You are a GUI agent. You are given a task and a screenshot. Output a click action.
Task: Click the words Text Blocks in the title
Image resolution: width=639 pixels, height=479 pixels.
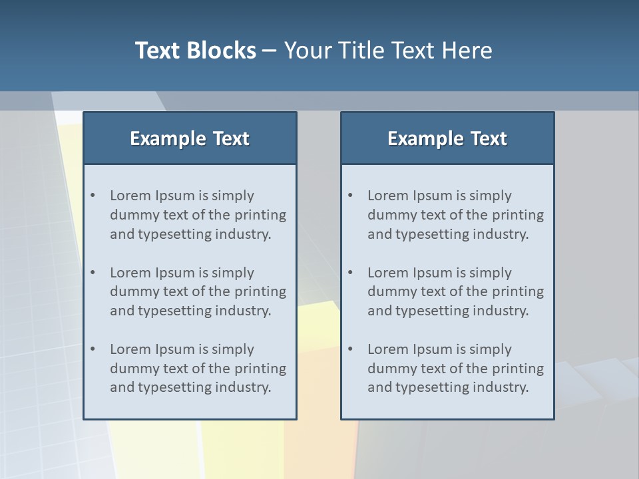tap(195, 51)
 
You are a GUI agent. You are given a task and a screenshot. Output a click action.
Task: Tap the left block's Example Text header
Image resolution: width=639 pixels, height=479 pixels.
tap(190, 138)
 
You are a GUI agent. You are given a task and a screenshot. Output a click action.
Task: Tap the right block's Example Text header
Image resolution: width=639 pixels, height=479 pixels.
tap(447, 138)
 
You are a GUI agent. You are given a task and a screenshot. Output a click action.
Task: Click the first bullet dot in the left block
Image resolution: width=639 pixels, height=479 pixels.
tap(93, 196)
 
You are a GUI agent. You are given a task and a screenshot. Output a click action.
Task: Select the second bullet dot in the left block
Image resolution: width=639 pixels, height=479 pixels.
tap(93, 273)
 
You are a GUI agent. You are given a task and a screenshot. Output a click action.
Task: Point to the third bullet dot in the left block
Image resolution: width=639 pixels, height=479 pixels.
tap(93, 349)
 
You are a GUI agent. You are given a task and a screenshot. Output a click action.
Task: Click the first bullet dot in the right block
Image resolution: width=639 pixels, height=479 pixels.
tap(351, 196)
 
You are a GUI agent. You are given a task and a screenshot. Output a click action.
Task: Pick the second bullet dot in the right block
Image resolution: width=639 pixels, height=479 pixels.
tap(351, 273)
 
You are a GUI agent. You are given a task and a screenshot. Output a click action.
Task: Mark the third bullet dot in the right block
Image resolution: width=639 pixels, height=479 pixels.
tap(351, 349)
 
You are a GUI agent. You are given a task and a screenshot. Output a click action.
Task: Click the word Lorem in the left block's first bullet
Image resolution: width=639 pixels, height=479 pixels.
tap(130, 196)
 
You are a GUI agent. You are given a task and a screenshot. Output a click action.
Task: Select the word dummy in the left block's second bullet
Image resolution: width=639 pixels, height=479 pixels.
tap(132, 291)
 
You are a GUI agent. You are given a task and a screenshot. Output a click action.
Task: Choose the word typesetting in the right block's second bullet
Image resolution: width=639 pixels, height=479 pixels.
tap(434, 311)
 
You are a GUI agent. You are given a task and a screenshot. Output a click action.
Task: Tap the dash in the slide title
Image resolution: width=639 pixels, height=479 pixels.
tap(270, 51)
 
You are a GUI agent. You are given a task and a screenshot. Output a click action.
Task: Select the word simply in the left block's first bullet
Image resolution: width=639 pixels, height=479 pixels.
tap(233, 196)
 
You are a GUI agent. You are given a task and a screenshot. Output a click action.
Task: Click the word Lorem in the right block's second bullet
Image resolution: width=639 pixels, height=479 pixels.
tap(388, 273)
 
